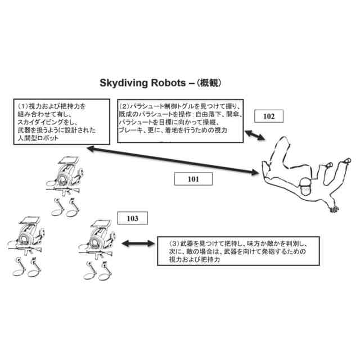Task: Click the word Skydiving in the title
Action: pyautogui.click(x=123, y=83)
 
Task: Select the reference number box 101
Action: pyautogui.click(x=192, y=179)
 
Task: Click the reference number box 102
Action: pyautogui.click(x=269, y=117)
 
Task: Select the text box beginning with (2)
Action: pyautogui.click(x=179, y=119)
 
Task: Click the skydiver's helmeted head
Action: pyautogui.click(x=305, y=186)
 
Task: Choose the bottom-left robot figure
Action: pyautogui.click(x=27, y=242)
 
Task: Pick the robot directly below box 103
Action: pyautogui.click(x=99, y=242)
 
